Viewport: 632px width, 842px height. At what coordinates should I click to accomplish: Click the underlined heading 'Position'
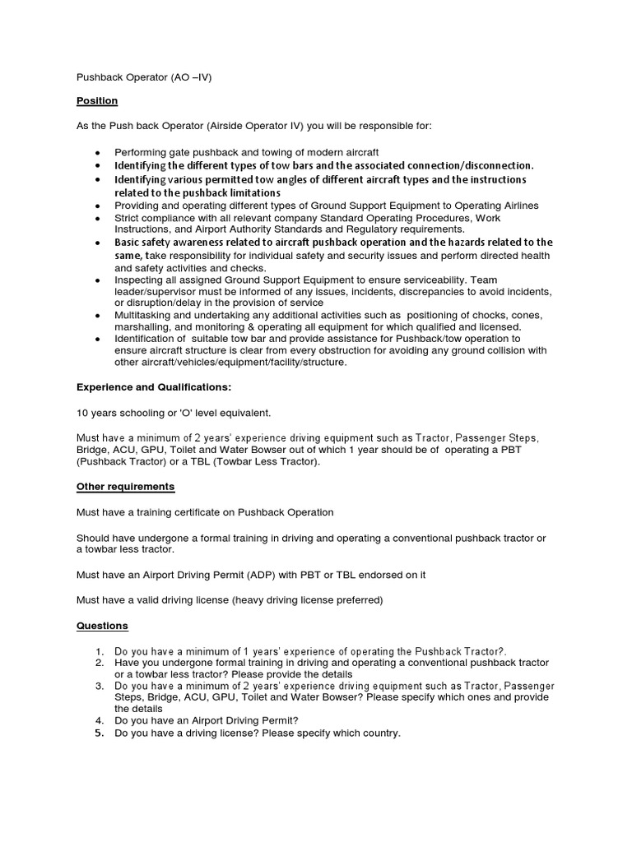coord(97,101)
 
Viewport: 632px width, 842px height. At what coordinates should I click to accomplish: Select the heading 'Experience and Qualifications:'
coord(154,386)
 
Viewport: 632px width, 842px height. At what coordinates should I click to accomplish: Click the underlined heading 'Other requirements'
coord(125,487)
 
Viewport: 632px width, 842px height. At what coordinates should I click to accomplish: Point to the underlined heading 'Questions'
coord(102,626)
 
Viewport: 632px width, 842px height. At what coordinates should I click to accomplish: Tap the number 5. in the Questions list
coord(100,733)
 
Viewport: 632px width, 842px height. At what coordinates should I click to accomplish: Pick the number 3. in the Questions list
coord(100,685)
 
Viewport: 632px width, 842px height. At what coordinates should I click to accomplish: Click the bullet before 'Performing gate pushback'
coord(98,153)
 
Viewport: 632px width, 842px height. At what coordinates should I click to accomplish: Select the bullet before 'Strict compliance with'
coord(98,218)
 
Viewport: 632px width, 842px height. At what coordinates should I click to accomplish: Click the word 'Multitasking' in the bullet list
coord(143,315)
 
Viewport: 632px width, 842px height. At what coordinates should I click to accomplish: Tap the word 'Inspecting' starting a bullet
coord(139,280)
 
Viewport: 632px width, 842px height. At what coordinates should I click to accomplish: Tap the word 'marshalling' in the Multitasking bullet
coord(142,326)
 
